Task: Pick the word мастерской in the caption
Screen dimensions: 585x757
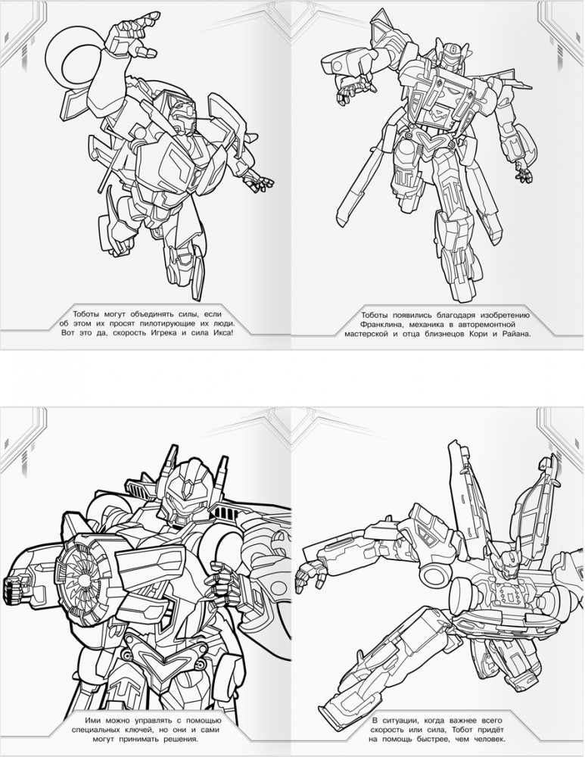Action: (366, 333)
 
